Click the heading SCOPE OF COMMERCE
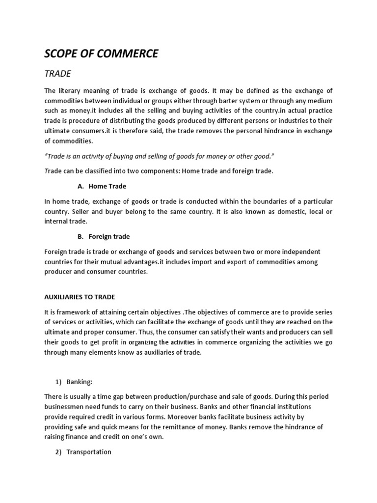pos(101,54)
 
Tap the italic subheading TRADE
pos(58,74)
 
